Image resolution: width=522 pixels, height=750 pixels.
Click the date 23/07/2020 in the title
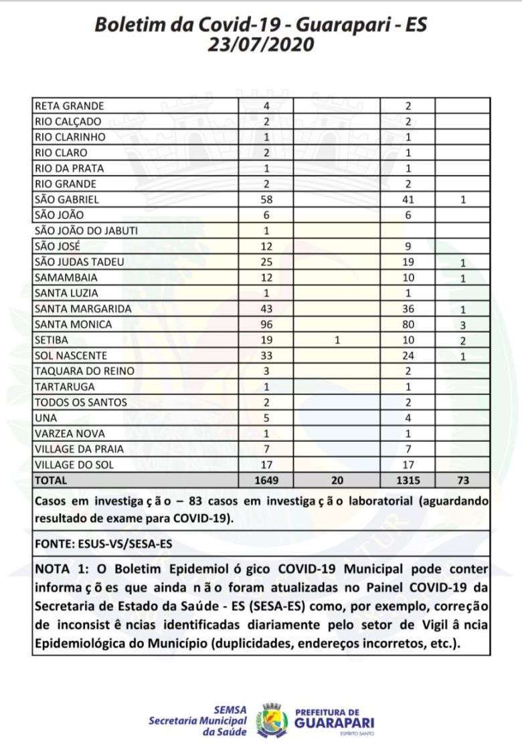point(260,45)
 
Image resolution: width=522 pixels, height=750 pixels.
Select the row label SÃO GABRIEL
point(66,199)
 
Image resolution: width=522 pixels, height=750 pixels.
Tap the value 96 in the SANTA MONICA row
point(267,324)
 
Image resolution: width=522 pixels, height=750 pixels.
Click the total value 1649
point(267,480)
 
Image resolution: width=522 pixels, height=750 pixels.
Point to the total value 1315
point(408,480)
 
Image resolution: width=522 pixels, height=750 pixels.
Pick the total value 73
point(462,480)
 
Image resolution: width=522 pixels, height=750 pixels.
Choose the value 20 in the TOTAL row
point(337,480)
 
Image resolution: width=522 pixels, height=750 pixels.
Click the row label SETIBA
point(51,340)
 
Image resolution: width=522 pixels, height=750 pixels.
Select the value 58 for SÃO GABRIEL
point(267,199)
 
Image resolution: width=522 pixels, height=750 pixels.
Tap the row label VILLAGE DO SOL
point(74,465)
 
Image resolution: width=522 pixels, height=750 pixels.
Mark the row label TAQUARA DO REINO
point(84,371)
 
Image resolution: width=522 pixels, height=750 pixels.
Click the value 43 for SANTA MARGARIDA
point(267,309)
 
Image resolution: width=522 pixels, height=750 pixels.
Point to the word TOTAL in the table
point(51,480)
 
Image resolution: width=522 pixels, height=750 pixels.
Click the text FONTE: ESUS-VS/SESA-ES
point(103,543)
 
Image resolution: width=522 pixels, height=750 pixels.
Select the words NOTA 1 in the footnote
point(58,569)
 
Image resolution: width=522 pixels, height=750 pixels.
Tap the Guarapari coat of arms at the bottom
point(272,719)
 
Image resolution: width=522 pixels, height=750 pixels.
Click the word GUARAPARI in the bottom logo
point(335,723)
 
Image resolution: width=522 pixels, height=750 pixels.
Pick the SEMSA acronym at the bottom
point(230,710)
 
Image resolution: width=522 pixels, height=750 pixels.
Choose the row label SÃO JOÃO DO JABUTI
point(86,231)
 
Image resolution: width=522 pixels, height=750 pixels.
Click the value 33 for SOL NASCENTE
point(267,356)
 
